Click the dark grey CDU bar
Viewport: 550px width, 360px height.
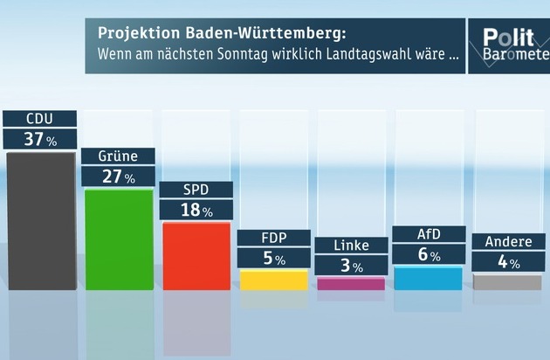[40, 220]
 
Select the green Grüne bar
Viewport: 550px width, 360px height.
[118, 238]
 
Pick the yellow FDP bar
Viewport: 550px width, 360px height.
[273, 280]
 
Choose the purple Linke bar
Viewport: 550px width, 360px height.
[351, 283]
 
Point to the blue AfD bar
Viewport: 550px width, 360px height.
[428, 278]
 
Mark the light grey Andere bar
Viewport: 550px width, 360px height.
[506, 282]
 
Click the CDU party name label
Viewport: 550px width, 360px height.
[39, 119]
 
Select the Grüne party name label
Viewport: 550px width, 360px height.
[118, 156]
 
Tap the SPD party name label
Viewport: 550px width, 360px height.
[196, 190]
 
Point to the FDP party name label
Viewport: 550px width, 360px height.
[273, 238]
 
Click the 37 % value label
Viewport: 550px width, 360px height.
[39, 139]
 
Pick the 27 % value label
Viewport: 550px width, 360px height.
[118, 177]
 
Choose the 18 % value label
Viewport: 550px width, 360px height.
[196, 211]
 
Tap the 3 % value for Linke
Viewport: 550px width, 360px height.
[351, 264]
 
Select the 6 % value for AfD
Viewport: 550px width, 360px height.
[428, 254]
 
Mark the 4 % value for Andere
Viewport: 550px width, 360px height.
[506, 261]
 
